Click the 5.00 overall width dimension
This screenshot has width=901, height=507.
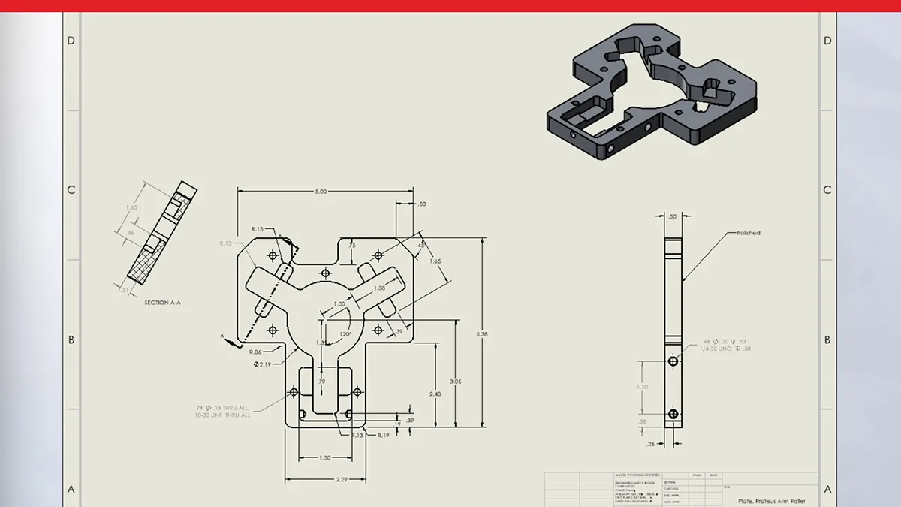pos(321,192)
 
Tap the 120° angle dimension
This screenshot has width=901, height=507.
pos(346,333)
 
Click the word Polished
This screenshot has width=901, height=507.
pos(748,233)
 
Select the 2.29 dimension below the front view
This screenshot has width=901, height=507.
pos(326,479)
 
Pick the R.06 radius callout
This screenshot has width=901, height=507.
pos(256,352)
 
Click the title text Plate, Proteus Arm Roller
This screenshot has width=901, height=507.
pos(771,499)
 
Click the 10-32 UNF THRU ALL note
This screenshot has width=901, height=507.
pos(223,415)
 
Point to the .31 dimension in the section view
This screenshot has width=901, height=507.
pos(123,288)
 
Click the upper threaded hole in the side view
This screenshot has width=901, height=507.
pos(673,361)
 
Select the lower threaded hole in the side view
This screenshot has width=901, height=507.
pos(673,414)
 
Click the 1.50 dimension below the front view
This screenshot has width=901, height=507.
pos(325,457)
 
